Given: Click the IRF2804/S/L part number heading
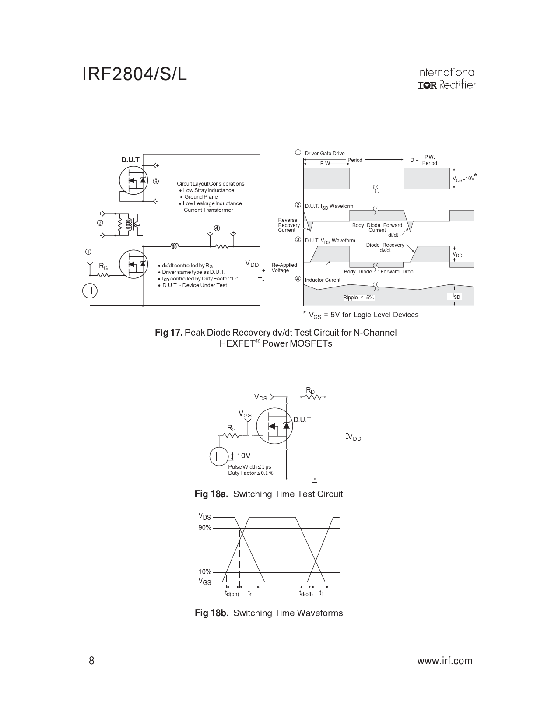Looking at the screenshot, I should pyautogui.click(x=134, y=74).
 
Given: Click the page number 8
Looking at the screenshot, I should pyautogui.click(x=91, y=661).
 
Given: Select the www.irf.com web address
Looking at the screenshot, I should pyautogui.click(x=445, y=661).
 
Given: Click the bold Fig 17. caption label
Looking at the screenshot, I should pyautogui.click(x=168, y=333).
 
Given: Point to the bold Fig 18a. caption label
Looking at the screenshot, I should pyautogui.click(x=211, y=494).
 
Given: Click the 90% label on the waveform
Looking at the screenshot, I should pyautogui.click(x=205, y=528).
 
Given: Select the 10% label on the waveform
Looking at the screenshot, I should pyautogui.click(x=205, y=572).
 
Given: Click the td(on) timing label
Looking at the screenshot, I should pyautogui.click(x=232, y=594).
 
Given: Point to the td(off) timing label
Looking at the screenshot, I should pyautogui.click(x=306, y=594).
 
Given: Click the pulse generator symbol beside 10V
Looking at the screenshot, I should pyautogui.click(x=218, y=456).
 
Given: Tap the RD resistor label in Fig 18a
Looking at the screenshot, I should pyautogui.click(x=310, y=390).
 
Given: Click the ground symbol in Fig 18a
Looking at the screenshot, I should pyautogui.click(x=315, y=483).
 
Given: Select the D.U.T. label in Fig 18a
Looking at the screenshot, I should pyautogui.click(x=303, y=420).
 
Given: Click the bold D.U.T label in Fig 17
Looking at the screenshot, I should pyautogui.click(x=130, y=160).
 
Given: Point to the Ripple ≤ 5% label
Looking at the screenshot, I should pyautogui.click(x=358, y=298).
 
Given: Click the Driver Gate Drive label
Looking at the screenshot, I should pyautogui.click(x=325, y=154).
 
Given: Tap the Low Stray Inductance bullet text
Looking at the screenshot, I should pyautogui.click(x=208, y=190).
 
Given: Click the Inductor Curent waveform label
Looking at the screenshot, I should pyautogui.click(x=323, y=280).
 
